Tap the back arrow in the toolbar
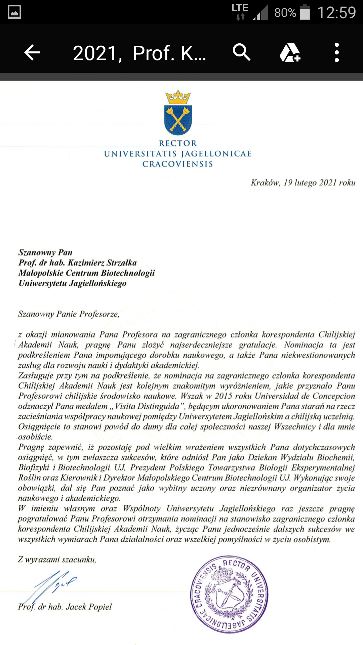click(33, 53)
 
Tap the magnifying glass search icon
click(241, 52)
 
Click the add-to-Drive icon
click(290, 53)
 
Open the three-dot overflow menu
click(336, 53)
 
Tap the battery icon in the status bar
click(305, 12)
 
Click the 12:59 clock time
click(336, 13)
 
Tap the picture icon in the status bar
click(14, 12)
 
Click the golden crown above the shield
click(178, 97)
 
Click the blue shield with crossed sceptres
click(178, 120)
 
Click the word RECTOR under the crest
click(178, 143)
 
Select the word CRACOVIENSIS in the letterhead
click(177, 164)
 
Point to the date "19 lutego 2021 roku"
click(319, 183)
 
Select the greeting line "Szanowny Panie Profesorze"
click(69, 314)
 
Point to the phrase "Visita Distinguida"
click(147, 406)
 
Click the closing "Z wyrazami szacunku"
click(57, 560)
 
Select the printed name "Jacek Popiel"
click(89, 607)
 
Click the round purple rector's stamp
click(229, 594)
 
